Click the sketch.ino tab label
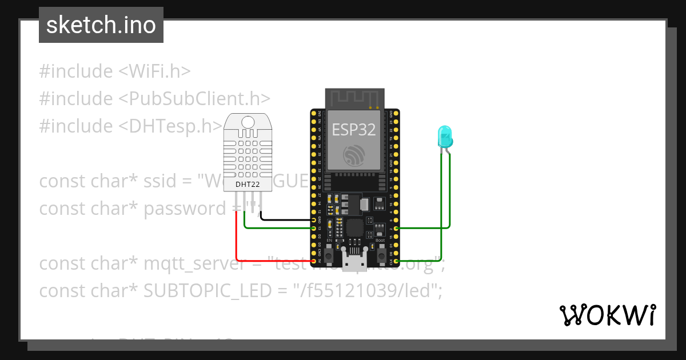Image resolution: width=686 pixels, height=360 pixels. click(x=101, y=25)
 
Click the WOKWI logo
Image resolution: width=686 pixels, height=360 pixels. click(x=607, y=315)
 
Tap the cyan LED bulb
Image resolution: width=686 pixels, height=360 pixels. click(x=444, y=136)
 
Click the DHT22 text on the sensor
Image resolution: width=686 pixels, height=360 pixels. click(x=248, y=185)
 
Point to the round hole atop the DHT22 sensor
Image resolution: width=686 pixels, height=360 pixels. click(x=248, y=122)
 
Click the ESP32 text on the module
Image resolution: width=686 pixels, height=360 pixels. click(x=354, y=130)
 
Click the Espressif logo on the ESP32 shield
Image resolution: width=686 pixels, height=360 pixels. click(x=354, y=155)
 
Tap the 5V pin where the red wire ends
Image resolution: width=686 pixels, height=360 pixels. click(x=314, y=262)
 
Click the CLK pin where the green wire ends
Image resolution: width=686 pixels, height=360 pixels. click(x=396, y=261)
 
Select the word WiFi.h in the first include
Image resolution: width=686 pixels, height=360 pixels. click(x=154, y=71)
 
